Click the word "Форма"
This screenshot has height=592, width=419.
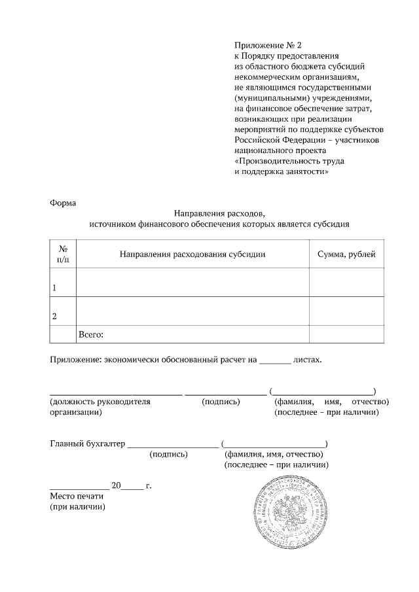(x=63, y=203)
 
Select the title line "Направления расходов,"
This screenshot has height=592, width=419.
(x=219, y=213)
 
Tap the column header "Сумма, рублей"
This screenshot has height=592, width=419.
(x=346, y=254)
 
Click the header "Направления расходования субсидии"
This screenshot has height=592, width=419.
(x=192, y=254)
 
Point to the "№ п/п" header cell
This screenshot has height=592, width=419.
(x=64, y=254)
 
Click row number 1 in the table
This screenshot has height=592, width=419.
(x=54, y=288)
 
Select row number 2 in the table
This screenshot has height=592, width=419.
(x=54, y=317)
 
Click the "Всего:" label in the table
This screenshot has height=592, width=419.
(x=92, y=334)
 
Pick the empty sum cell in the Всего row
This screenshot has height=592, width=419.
(x=346, y=334)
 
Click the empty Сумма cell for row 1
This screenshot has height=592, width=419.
(x=346, y=283)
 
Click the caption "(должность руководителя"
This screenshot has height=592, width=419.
(x=100, y=402)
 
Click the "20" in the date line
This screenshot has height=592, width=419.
(x=117, y=486)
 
